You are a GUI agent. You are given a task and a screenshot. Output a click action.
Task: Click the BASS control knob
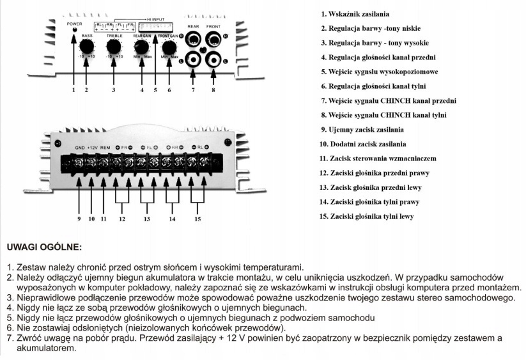coord(86,48)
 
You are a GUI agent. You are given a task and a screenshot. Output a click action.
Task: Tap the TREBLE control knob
coord(114,48)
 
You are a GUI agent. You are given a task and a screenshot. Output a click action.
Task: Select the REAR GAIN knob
coord(142,47)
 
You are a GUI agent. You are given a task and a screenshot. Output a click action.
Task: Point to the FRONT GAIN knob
coord(169,47)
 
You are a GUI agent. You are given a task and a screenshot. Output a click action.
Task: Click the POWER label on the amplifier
coord(74,23)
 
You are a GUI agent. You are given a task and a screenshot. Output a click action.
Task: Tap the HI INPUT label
coord(158,20)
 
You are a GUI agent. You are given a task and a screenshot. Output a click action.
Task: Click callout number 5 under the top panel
coord(155,90)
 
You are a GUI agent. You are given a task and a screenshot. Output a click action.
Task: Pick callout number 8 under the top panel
coord(213,90)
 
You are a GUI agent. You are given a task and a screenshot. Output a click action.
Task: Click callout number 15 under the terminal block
coord(197,219)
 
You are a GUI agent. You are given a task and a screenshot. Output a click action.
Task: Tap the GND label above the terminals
coord(79,148)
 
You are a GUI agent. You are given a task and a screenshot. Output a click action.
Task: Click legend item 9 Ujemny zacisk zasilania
coord(363,130)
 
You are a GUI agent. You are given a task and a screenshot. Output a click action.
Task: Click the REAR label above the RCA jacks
coord(194,27)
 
